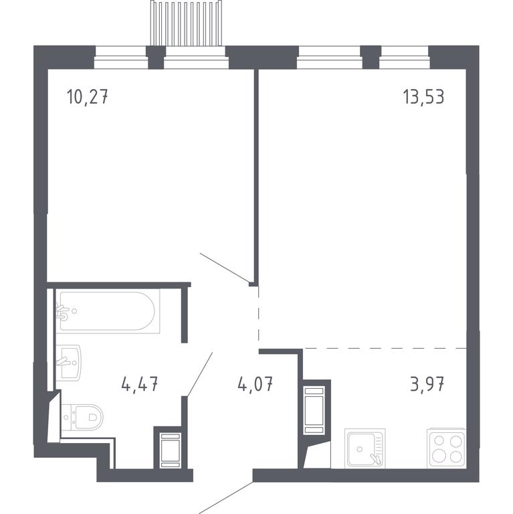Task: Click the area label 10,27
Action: click(87, 97)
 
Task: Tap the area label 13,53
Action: click(423, 96)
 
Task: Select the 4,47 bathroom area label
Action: click(140, 384)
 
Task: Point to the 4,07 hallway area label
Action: click(255, 384)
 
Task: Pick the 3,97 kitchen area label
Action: click(427, 384)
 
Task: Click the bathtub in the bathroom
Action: click(108, 311)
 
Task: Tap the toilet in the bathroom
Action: click(82, 418)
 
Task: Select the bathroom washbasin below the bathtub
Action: click(68, 362)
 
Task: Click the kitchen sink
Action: click(365, 448)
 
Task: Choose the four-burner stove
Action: click(447, 448)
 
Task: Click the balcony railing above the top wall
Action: click(186, 23)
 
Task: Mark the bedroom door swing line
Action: click(225, 267)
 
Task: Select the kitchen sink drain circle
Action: click(360, 448)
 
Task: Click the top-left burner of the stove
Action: click(439, 441)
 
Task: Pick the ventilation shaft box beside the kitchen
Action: click(314, 410)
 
